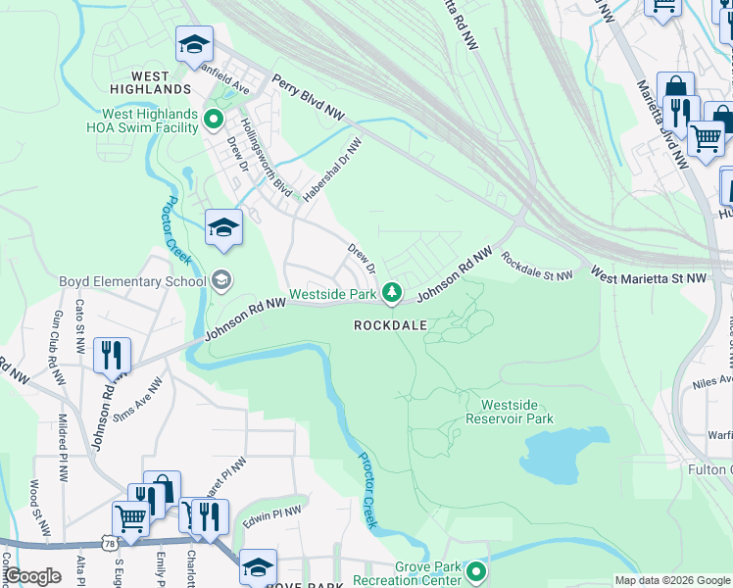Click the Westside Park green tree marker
coord(392,292)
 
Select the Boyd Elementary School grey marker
coord(220,281)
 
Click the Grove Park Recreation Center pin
coord(477,570)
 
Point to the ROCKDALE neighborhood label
coord(390,324)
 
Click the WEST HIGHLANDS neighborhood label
coord(149,82)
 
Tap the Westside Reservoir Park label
coord(516,412)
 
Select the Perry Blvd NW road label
coord(309,98)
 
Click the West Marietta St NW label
coord(649,279)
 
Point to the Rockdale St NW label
coord(537,267)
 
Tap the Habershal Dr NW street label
coord(332,169)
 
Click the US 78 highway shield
coord(106,542)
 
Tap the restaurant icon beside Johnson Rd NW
coord(113,355)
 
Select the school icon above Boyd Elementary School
coord(223,228)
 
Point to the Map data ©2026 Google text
coord(672,580)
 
